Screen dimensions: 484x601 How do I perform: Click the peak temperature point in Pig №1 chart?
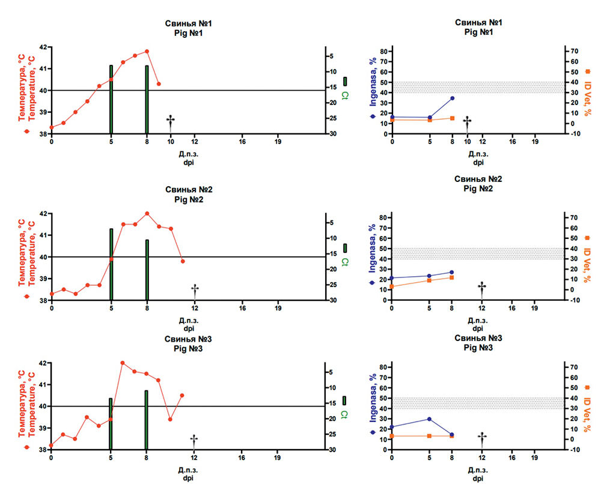[x=147, y=52]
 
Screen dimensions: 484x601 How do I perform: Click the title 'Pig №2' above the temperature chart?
[x=189, y=200]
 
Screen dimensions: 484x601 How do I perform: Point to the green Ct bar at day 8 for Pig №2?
[x=147, y=270]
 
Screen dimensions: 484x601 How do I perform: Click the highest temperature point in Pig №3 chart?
[x=123, y=363]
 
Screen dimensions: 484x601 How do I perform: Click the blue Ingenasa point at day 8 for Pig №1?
[x=452, y=98]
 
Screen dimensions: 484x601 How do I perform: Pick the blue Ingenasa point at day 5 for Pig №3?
[x=430, y=419]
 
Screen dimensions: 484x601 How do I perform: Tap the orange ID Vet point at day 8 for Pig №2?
[x=452, y=277]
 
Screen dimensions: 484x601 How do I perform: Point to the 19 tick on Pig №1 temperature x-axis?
[x=278, y=142]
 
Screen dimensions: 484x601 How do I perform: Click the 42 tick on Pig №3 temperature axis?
[x=42, y=363]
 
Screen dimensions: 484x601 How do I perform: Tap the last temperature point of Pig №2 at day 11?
[x=183, y=261]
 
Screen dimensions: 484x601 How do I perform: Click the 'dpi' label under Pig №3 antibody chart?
[x=478, y=478]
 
